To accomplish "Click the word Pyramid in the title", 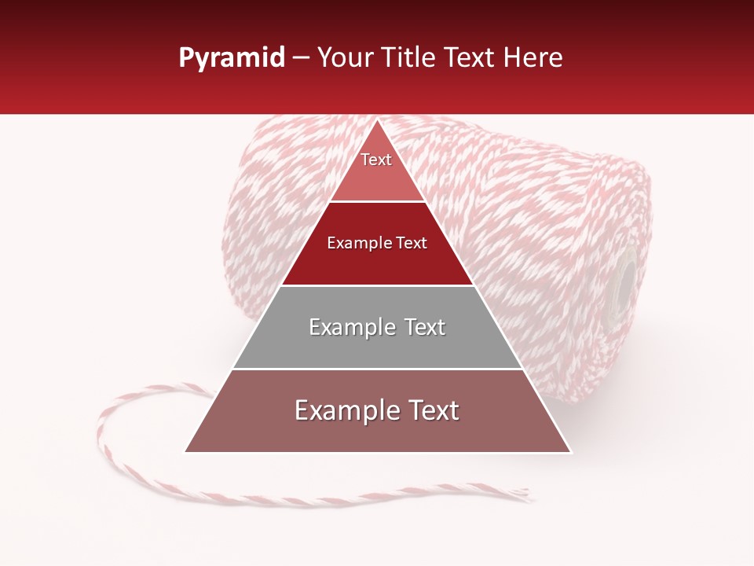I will tap(231, 58).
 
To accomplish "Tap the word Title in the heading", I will tap(408, 57).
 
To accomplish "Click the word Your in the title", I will tap(344, 57).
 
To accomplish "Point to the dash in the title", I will tap(301, 58).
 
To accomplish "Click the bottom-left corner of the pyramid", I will tap(185, 452).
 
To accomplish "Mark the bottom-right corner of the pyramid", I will tap(570, 452).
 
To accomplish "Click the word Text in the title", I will tap(473, 57).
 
